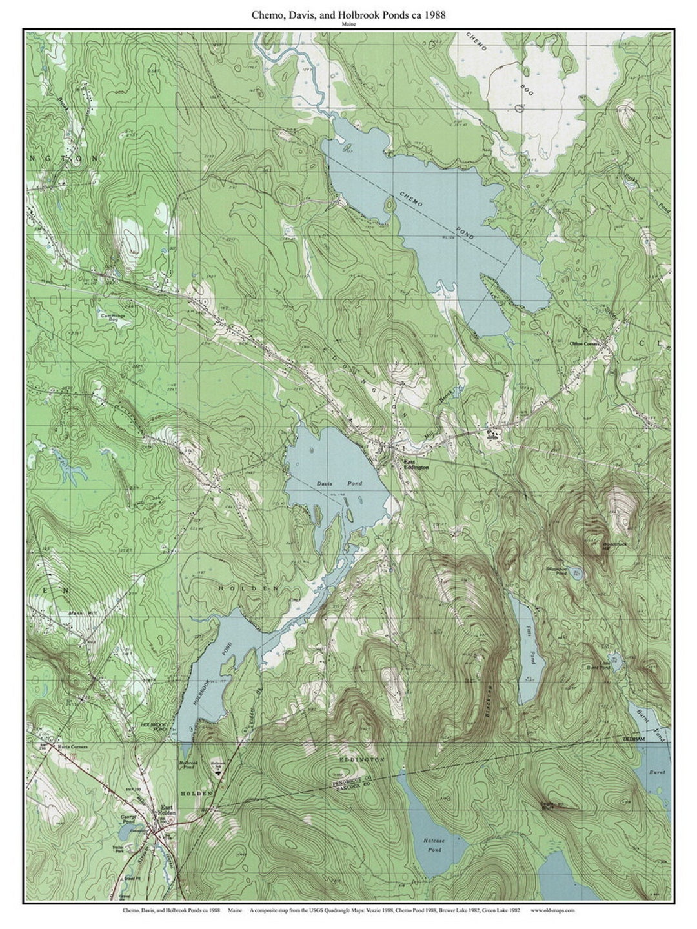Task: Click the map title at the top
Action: point(348,14)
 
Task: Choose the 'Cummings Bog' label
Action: point(99,316)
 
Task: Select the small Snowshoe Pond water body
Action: point(576,574)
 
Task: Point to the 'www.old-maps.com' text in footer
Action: point(552,910)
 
